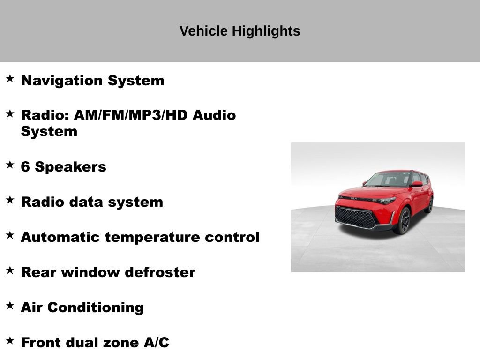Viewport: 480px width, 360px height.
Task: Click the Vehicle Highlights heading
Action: [240, 31]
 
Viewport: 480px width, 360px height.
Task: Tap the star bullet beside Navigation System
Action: [10, 78]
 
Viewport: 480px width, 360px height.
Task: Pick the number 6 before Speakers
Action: [25, 167]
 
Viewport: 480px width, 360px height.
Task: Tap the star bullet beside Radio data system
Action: [10, 200]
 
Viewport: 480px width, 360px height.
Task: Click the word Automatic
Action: [60, 237]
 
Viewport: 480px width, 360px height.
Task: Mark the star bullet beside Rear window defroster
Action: [10, 270]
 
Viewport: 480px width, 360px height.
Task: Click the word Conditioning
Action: [96, 307]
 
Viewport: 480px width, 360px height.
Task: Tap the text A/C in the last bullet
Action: [156, 343]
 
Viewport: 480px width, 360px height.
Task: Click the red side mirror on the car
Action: [416, 184]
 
